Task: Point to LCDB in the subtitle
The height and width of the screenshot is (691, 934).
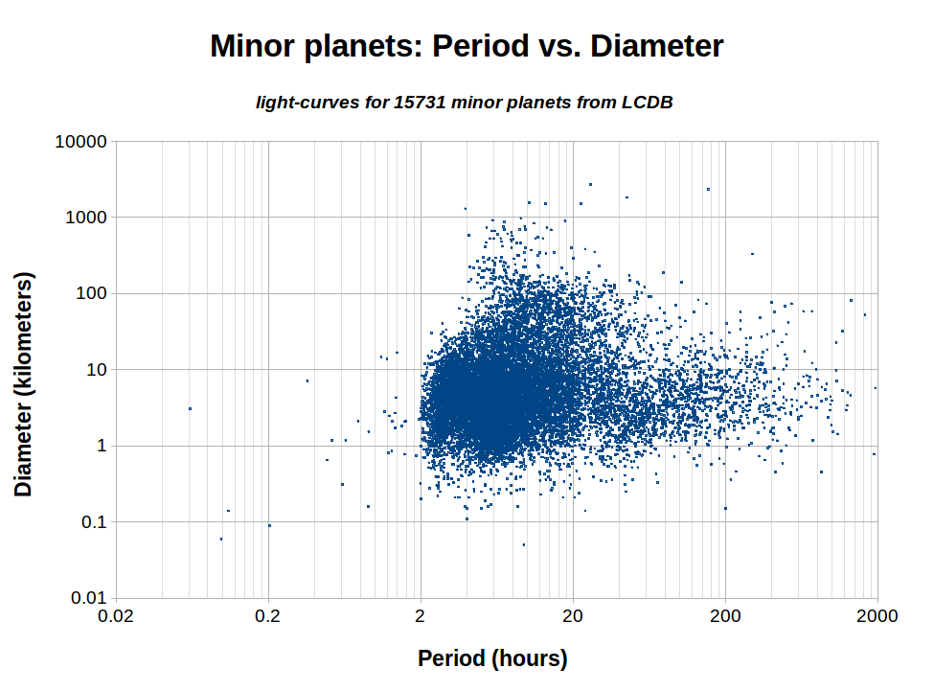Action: click(x=646, y=102)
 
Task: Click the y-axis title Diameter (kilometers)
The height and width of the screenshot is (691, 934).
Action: click(x=24, y=383)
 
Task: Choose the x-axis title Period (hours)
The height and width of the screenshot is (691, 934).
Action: click(x=492, y=658)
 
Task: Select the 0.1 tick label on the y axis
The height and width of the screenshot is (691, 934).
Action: click(x=92, y=522)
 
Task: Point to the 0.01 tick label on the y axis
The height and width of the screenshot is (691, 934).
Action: click(x=87, y=598)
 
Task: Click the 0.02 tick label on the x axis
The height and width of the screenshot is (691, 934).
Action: click(x=116, y=616)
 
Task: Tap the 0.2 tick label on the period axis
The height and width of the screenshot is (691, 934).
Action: click(x=268, y=616)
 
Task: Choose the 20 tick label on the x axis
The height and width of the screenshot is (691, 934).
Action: click(x=573, y=616)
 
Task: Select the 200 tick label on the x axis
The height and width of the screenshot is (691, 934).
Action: click(x=725, y=616)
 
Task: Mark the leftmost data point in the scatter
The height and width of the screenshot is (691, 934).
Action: click(x=190, y=408)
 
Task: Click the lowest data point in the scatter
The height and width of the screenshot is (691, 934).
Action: click(x=523, y=544)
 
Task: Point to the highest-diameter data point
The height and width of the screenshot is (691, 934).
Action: click(x=590, y=184)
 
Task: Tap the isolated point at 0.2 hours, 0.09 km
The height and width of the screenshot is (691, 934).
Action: click(x=269, y=525)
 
